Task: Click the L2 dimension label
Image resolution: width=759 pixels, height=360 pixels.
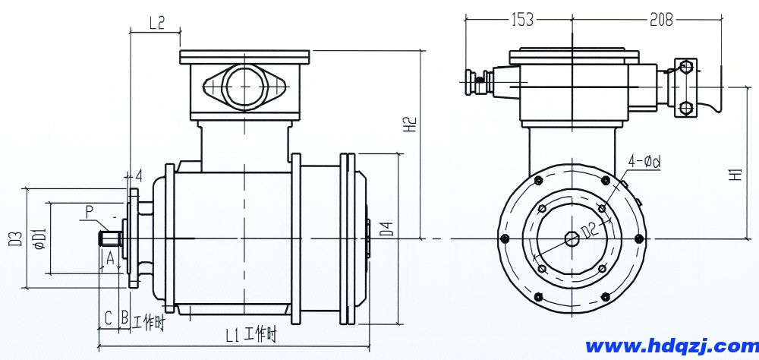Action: [x=156, y=23]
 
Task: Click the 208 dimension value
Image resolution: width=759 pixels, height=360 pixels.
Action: [x=661, y=21]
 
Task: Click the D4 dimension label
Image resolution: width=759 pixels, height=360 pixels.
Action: [x=386, y=229]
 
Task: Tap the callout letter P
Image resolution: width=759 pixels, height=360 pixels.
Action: [x=90, y=210]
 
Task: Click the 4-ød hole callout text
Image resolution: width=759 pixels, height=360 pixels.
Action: [x=644, y=161]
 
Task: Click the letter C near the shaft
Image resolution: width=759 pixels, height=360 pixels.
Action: [x=108, y=317]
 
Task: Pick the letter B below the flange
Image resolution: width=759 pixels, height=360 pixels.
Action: [x=124, y=317]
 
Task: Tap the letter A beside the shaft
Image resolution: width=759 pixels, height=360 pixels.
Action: [x=110, y=258]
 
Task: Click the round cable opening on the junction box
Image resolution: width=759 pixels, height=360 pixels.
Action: [x=245, y=85]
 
